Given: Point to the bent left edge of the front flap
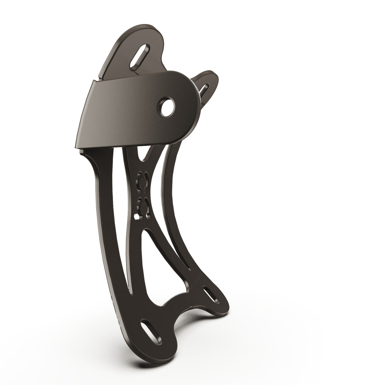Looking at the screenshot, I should (x=82, y=113).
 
